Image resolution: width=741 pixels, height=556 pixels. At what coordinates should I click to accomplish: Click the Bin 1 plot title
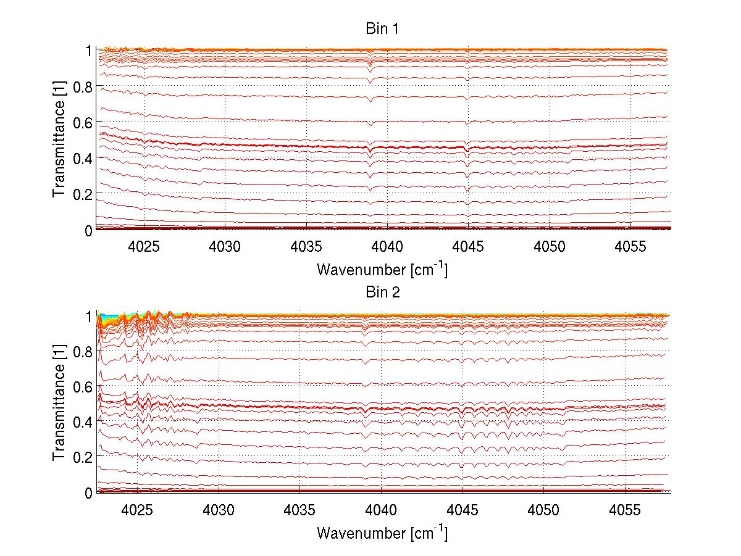coord(382,29)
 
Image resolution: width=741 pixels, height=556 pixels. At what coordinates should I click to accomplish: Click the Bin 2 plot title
coord(382,292)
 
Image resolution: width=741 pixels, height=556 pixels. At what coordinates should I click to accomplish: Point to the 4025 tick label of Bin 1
coord(144,246)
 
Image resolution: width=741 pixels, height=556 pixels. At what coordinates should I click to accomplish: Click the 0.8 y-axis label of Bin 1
coord(81,87)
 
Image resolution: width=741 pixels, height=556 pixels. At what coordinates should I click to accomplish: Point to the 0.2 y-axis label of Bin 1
coord(81,194)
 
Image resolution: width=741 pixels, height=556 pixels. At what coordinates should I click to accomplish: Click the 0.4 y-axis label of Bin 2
coord(81,422)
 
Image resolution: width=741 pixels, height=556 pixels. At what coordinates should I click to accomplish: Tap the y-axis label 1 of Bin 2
coord(88,316)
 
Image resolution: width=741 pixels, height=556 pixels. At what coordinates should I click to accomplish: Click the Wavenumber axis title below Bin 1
coord(382,269)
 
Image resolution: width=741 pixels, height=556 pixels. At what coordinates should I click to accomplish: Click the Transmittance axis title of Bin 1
coord(59,139)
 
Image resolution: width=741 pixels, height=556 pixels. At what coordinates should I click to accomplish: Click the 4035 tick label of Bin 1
coord(306,246)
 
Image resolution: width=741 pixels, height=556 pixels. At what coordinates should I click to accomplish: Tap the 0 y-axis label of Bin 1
coord(88,230)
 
